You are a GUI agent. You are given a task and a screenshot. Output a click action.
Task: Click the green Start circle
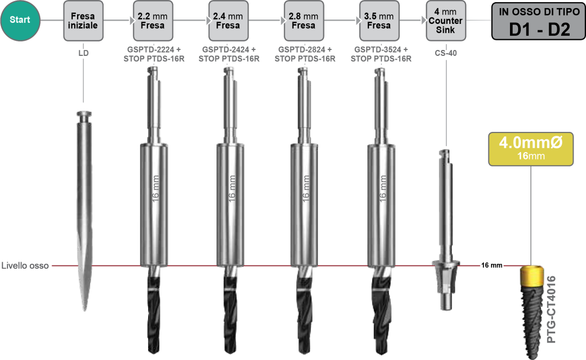(x=20, y=20)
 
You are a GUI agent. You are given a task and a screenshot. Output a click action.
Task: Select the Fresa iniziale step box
(x=83, y=21)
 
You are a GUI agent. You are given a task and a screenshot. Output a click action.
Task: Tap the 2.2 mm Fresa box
(x=152, y=21)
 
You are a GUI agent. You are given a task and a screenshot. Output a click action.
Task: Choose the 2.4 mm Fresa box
(x=228, y=21)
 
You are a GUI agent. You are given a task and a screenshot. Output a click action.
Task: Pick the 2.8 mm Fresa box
(x=303, y=21)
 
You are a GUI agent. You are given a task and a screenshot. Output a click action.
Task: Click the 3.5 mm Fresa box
(x=379, y=21)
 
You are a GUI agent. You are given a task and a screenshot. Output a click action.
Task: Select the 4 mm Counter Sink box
(x=445, y=21)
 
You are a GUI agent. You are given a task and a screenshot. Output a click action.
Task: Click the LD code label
(x=83, y=54)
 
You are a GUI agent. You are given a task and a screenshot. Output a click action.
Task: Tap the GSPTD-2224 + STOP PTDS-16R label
(x=154, y=54)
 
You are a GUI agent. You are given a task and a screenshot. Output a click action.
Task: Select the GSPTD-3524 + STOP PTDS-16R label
(x=380, y=54)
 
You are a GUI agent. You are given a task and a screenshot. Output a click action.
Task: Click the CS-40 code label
(x=445, y=54)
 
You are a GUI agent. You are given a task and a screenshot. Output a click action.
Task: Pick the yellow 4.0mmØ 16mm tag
(x=530, y=149)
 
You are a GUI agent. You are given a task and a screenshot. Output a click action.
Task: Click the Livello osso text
(x=25, y=266)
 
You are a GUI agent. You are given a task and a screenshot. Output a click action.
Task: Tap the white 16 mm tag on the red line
(x=492, y=266)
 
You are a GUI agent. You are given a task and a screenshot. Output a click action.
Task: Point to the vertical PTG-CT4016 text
(x=551, y=310)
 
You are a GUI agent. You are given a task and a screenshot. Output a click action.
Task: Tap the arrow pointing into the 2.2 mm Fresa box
(x=131, y=21)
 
